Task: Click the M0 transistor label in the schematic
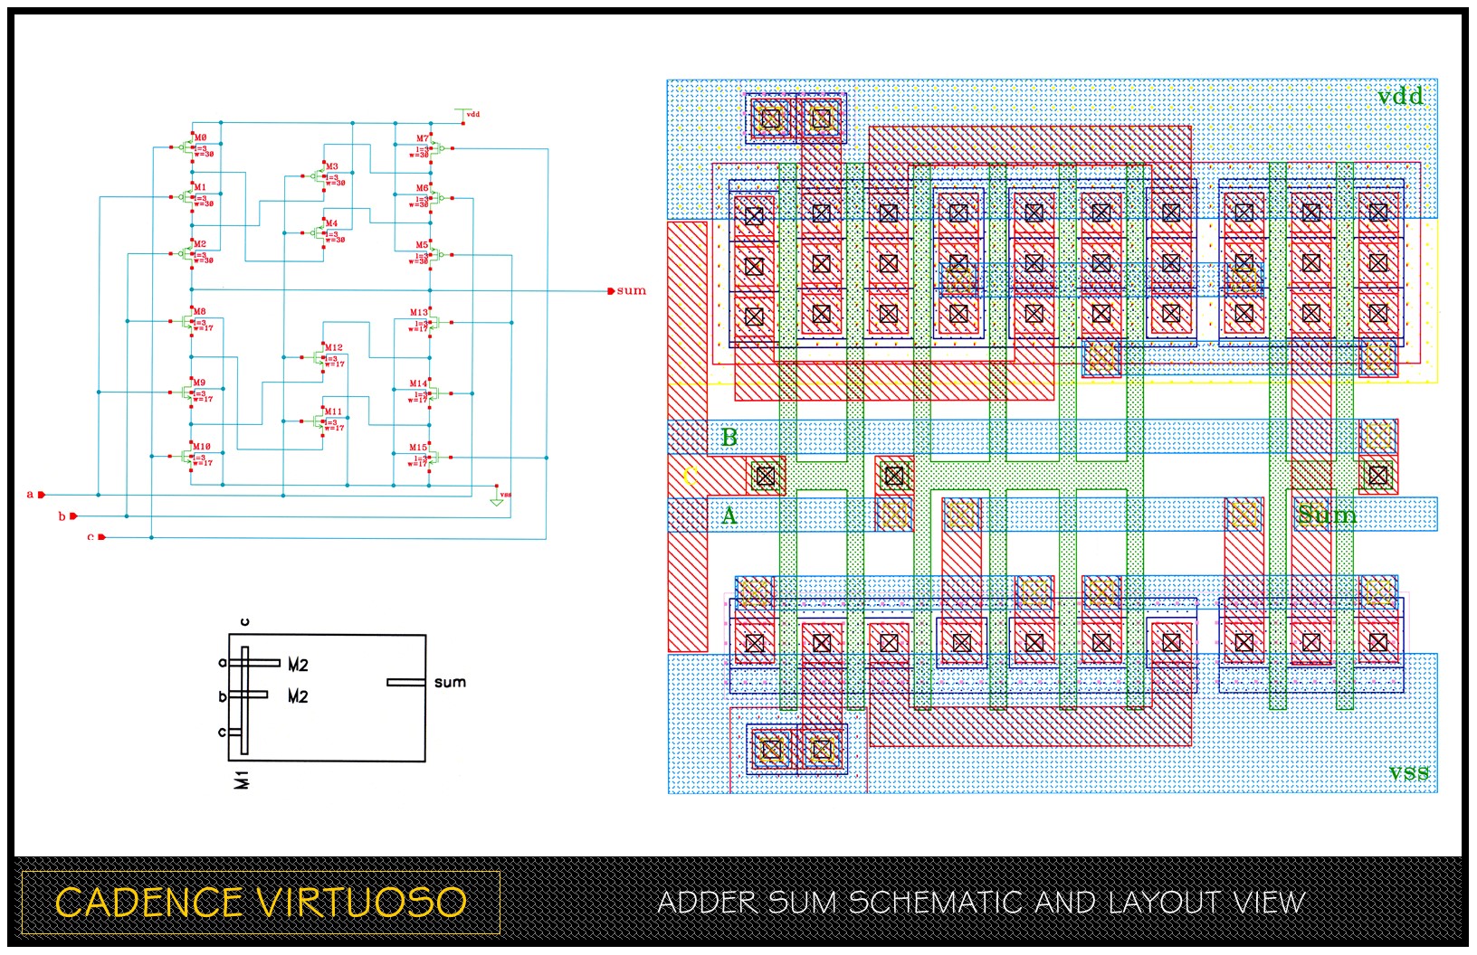pos(200,137)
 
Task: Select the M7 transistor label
pos(423,138)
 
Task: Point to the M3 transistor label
pos(332,166)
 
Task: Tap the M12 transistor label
pos(333,347)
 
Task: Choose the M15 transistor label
pos(417,448)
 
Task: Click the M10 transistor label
pos(201,447)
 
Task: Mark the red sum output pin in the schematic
pos(611,291)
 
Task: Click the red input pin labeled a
pos(41,495)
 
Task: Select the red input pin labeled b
pos(73,516)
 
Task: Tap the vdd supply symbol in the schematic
pos(465,114)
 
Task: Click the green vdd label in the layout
pos(1400,96)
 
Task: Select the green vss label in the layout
pos(1409,772)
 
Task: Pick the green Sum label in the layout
pos(1326,515)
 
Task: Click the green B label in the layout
pos(729,438)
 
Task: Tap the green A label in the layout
pos(729,516)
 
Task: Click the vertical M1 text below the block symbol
pos(242,779)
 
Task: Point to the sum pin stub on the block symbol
pos(405,682)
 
